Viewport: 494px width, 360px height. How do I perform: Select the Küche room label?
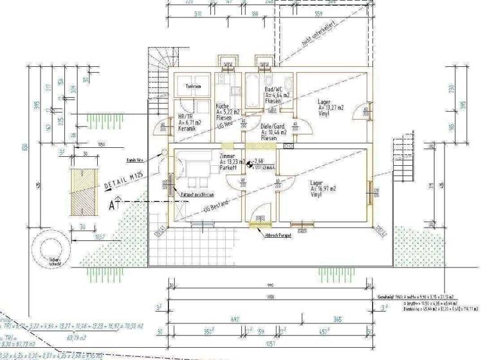[x=222, y=105]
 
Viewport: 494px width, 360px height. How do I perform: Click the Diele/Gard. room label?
[x=273, y=126]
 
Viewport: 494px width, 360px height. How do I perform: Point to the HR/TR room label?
[x=185, y=116]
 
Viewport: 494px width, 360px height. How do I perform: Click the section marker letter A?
[x=111, y=206]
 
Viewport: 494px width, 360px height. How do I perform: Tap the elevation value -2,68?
[x=259, y=161]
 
